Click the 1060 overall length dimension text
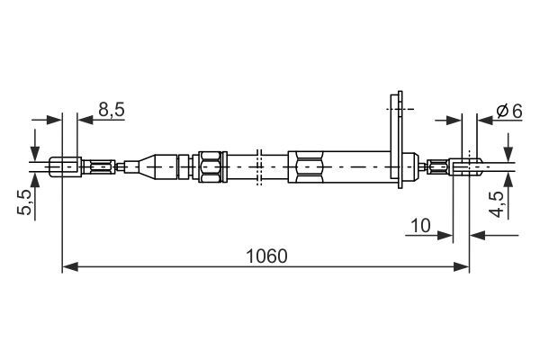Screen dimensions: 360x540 [265, 256]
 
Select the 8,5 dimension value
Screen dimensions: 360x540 [112, 110]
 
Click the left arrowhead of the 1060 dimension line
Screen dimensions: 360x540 [68, 266]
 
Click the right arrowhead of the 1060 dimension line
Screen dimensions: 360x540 [463, 266]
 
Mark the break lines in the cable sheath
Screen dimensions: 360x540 [258, 166]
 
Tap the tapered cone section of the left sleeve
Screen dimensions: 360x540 [144, 166]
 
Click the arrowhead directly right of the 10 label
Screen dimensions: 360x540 [445, 236]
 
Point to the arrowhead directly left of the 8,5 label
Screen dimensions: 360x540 [84, 119]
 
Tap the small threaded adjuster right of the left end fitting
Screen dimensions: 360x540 [103, 166]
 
